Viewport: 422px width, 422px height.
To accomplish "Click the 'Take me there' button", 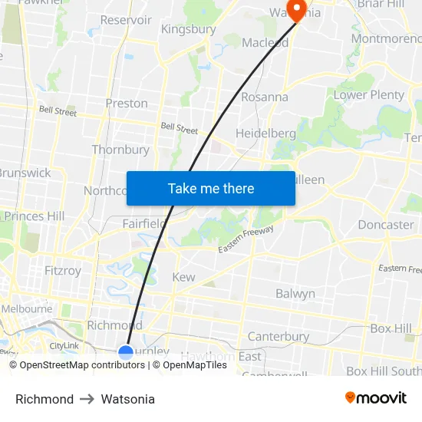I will point(210,188).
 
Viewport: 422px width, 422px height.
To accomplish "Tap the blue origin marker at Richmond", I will point(126,352).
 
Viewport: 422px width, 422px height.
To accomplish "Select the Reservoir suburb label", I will point(126,20).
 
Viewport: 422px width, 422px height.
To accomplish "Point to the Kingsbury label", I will point(188,29).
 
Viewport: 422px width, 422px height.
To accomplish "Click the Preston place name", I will point(127,103).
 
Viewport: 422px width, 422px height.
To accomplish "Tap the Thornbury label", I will point(120,150).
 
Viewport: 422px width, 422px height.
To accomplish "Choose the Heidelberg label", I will point(265,133).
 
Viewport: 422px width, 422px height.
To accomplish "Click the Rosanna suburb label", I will point(265,97).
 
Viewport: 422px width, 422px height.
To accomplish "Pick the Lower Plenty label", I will point(368,95).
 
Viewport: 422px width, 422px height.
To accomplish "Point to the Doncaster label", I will point(385,225).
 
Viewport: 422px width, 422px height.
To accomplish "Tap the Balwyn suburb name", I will point(295,293).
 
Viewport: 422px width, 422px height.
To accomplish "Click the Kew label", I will point(183,277).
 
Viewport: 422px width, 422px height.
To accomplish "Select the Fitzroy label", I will point(62,270).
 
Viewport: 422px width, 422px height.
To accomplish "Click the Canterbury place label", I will point(278,336).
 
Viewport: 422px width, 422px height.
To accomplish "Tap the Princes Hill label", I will point(35,216).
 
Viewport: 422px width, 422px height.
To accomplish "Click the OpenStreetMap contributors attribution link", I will point(82,365).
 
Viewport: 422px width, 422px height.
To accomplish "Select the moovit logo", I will point(376,397).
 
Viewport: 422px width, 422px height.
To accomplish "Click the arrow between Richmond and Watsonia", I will point(87,399).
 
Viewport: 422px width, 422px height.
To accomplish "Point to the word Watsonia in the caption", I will point(127,399).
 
